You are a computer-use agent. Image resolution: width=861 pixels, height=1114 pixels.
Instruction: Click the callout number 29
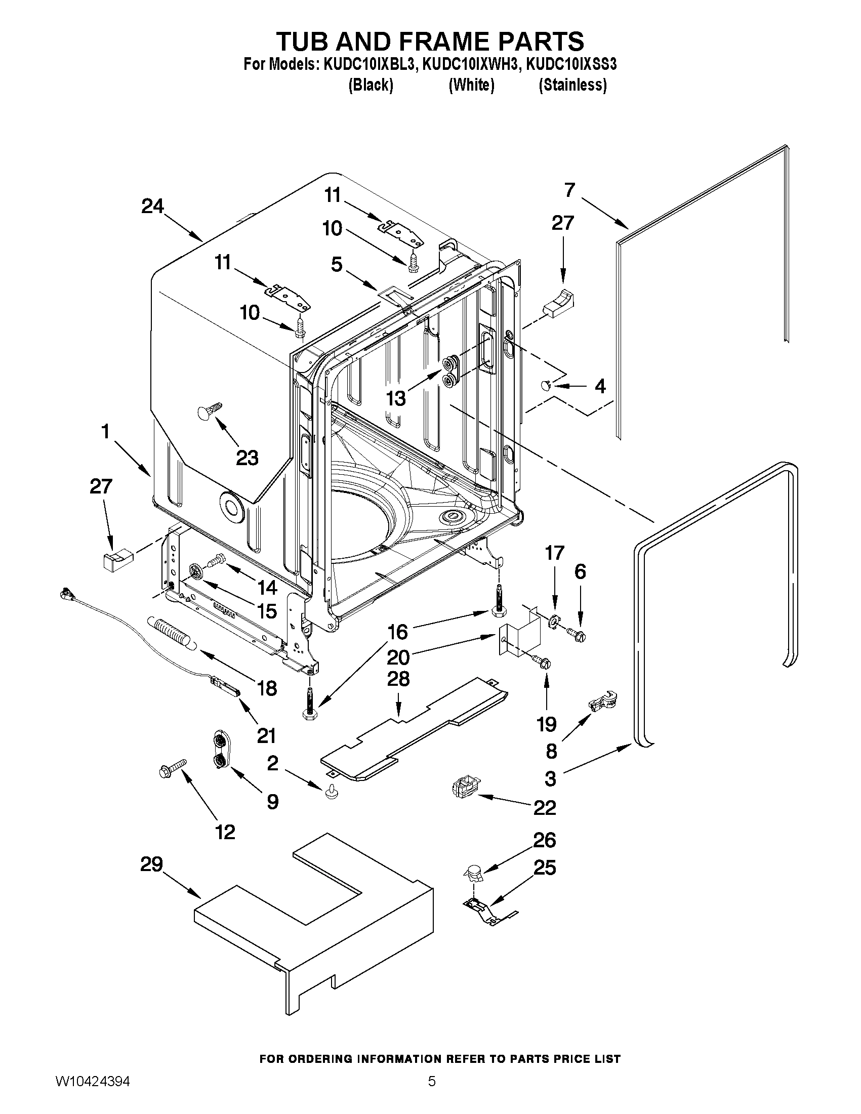pyautogui.click(x=151, y=864)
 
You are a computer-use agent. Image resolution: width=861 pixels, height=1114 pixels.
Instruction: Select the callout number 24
pyautogui.click(x=152, y=206)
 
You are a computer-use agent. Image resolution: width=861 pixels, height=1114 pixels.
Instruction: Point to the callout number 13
pyautogui.click(x=396, y=398)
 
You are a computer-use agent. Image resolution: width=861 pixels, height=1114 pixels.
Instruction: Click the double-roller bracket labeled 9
pyautogui.click(x=220, y=750)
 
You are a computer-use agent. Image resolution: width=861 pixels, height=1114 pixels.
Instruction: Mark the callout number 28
pyautogui.click(x=398, y=679)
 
